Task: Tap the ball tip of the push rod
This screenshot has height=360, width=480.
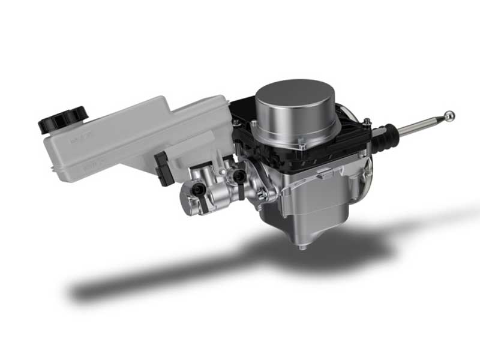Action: click(449, 115)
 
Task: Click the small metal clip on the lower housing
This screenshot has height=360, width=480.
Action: click(322, 175)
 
